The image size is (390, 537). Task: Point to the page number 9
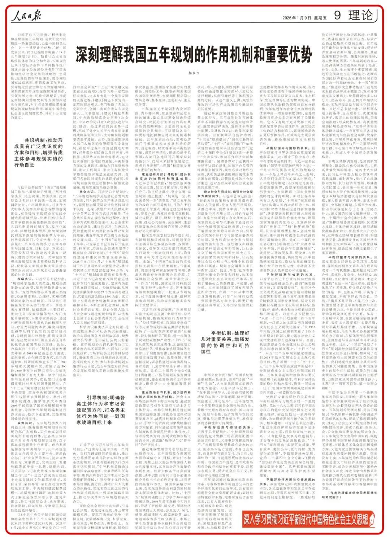[x=337, y=16]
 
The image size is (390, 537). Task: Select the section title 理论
[x=361, y=16]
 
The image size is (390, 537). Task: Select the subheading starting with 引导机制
[x=101, y=409]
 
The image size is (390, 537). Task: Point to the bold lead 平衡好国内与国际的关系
[x=287, y=148]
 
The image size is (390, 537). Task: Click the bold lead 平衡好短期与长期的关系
[x=287, y=275]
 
